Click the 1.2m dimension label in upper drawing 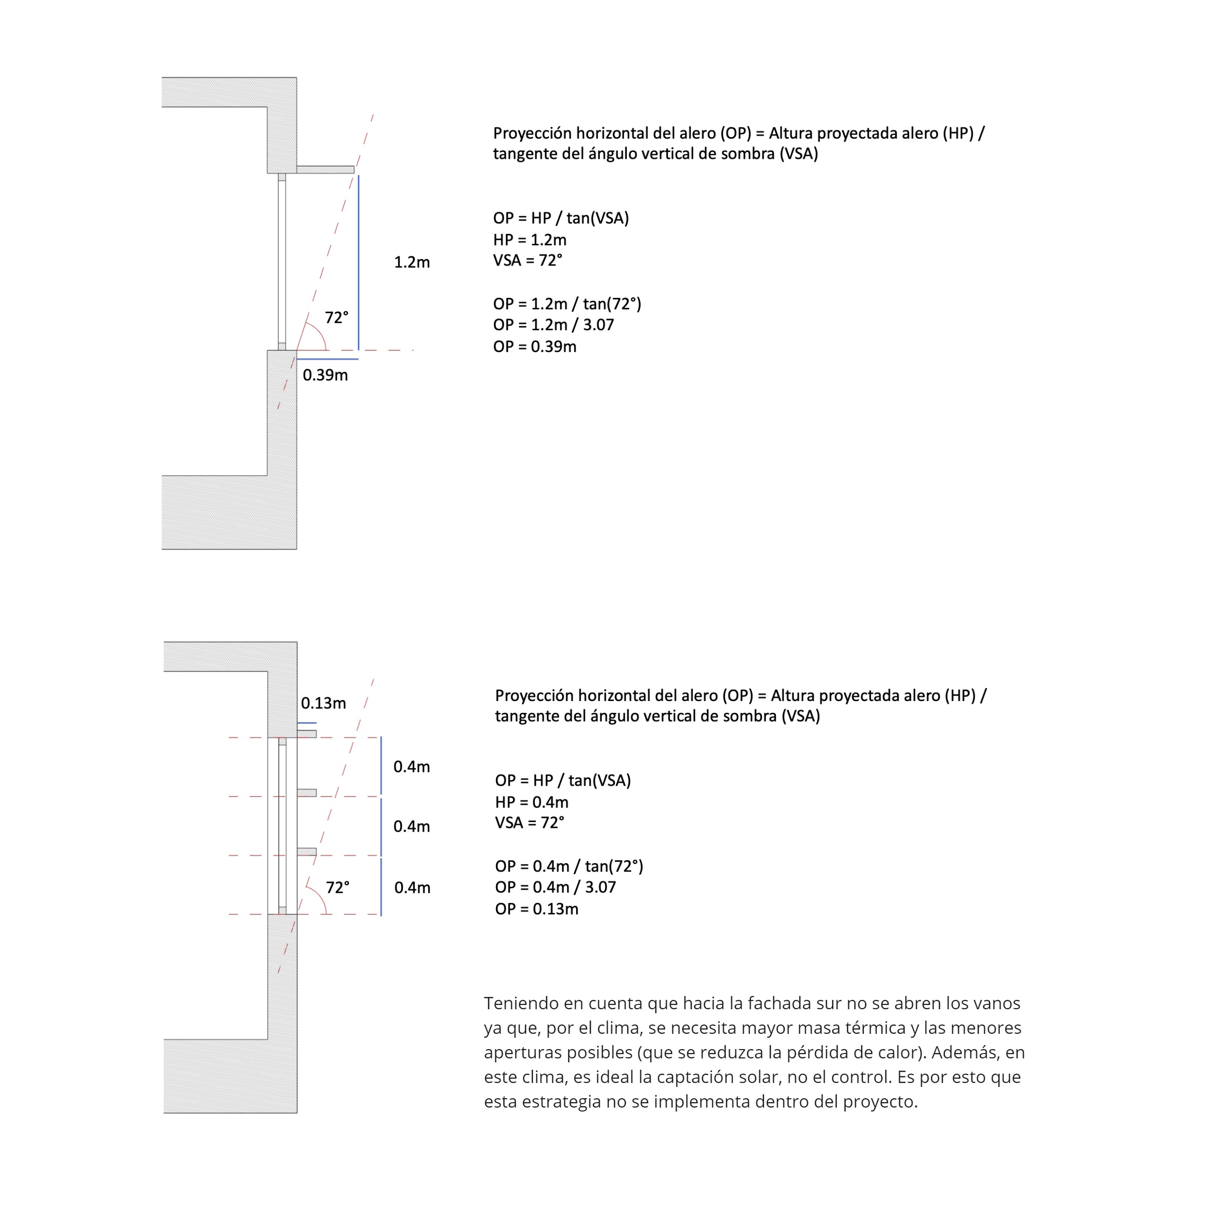(411, 262)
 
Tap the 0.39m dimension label (325, 375)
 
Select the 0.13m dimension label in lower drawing (323, 703)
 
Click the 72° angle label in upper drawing (337, 318)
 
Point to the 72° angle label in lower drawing (338, 887)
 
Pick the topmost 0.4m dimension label (411, 766)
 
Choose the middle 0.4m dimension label (411, 826)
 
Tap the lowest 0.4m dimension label (412, 887)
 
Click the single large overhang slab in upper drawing (325, 170)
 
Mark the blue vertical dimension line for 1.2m (358, 262)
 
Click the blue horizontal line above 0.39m (327, 359)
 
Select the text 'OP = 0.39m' (534, 347)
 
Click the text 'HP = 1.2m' (529, 240)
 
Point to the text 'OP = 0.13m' (536, 909)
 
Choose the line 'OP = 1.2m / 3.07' (554, 325)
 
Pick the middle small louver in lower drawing (307, 792)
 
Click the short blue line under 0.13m (307, 723)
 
